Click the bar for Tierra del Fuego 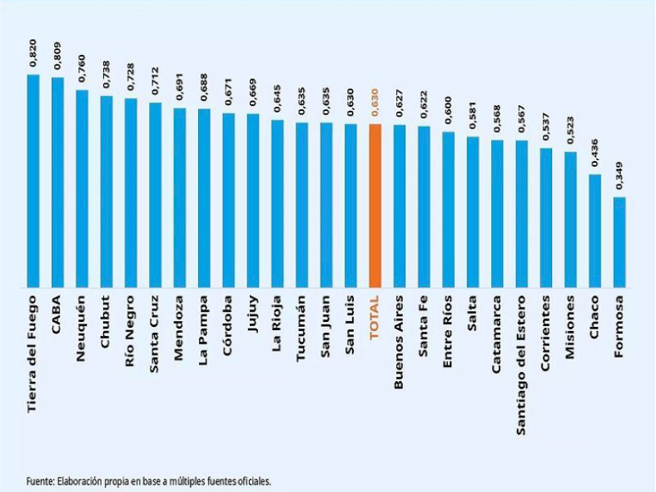pyautogui.click(x=33, y=181)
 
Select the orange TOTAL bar pyautogui.click(x=375, y=206)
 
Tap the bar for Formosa pyautogui.click(x=619, y=242)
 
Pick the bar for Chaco pyautogui.click(x=595, y=231)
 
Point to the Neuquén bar pyautogui.click(x=82, y=188)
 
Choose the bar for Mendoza pyautogui.click(x=180, y=198)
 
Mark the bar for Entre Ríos pyautogui.click(x=449, y=209)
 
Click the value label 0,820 pyautogui.click(x=33, y=53)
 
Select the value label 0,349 pyautogui.click(x=619, y=175)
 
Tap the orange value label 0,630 pyautogui.click(x=375, y=103)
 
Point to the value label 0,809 pyautogui.click(x=57, y=56)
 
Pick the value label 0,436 pyautogui.click(x=595, y=153)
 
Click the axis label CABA pyautogui.click(x=57, y=314)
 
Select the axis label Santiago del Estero pyautogui.click(x=521, y=365)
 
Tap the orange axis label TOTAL pyautogui.click(x=375, y=317)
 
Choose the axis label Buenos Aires pyautogui.click(x=400, y=342)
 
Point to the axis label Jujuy pyautogui.click(x=253, y=314)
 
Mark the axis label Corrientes pyautogui.click(x=545, y=334)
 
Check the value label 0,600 pyautogui.click(x=449, y=110)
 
